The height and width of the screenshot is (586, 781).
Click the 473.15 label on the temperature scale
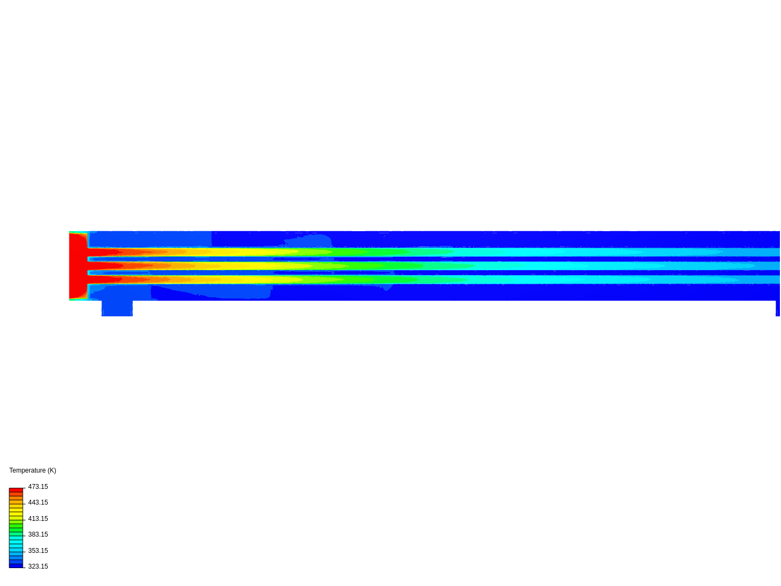[38, 487]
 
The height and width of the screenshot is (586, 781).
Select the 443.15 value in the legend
[38, 502]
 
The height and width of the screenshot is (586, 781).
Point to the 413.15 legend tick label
[38, 519]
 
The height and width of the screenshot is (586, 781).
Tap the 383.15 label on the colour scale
[38, 534]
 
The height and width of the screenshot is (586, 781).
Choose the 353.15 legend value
[38, 551]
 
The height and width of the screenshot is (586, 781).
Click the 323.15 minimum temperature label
[38, 566]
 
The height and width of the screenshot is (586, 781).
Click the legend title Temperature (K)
[33, 470]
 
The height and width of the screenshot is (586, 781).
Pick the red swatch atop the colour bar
[16, 490]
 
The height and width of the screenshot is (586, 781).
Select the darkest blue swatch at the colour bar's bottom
[16, 565]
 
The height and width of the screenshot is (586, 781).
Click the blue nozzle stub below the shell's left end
[117, 308]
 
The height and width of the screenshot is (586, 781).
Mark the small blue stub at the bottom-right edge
[778, 308]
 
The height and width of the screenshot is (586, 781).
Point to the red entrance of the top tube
[103, 252]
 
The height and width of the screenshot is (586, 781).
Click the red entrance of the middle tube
[103, 266]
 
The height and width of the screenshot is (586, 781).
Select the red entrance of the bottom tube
[103, 279]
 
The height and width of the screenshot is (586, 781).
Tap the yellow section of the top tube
[244, 252]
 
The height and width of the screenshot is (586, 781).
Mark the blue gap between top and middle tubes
[434, 259]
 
